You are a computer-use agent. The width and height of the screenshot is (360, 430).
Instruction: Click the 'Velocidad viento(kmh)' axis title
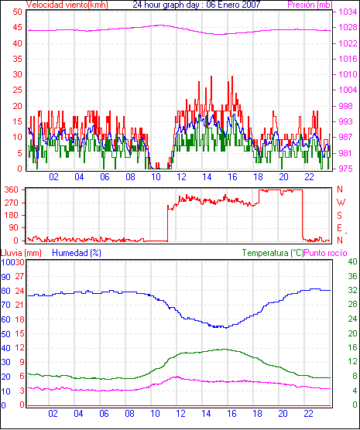click(67, 5)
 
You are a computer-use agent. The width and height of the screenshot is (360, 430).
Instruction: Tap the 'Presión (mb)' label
click(310, 5)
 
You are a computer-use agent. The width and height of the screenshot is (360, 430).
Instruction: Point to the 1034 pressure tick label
click(348, 12)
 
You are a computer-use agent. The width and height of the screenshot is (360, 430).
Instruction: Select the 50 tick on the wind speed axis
click(17, 12)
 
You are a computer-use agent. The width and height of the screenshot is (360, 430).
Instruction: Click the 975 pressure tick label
click(345, 169)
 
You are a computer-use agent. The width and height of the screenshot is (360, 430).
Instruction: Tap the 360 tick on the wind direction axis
click(12, 189)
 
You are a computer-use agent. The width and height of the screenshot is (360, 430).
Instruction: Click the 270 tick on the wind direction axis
click(12, 203)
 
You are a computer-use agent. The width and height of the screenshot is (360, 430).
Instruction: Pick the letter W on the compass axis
click(341, 203)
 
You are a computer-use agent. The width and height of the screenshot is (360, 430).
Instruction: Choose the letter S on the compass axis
click(339, 216)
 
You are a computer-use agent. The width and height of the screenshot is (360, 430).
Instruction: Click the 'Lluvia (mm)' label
click(21, 253)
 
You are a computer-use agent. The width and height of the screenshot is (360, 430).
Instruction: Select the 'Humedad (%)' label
click(77, 253)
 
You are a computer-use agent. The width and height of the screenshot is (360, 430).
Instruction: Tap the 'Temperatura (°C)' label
click(273, 253)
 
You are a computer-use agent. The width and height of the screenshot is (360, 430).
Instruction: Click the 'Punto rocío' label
click(326, 253)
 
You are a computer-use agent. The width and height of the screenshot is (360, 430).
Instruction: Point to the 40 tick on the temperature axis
click(352, 261)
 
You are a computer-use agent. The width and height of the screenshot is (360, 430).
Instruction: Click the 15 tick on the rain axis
click(19, 333)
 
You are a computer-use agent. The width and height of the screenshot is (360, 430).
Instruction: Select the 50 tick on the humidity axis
click(5, 334)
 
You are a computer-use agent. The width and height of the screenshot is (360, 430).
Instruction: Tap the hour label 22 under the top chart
click(309, 177)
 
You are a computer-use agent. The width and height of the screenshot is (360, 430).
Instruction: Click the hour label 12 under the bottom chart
click(180, 414)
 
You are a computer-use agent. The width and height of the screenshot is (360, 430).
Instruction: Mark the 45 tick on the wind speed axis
click(17, 27)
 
